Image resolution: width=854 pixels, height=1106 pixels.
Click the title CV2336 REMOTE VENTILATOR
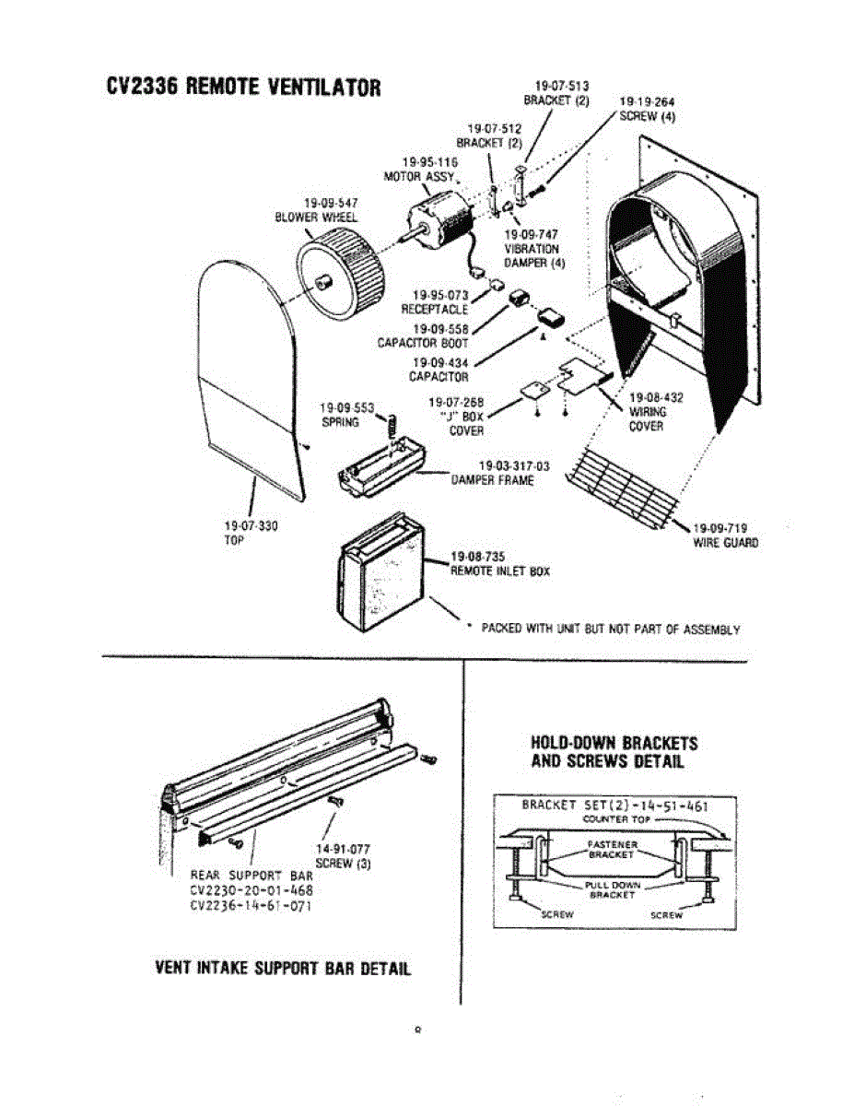(x=243, y=88)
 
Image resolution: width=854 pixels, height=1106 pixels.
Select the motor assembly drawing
(x=440, y=226)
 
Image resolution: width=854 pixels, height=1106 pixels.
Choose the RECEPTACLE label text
(x=435, y=310)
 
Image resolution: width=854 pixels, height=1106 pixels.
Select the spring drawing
(x=391, y=427)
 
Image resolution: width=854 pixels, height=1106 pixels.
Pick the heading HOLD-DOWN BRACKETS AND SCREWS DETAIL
(x=614, y=752)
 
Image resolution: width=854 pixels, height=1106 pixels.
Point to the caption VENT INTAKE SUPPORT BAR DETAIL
(x=283, y=969)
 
